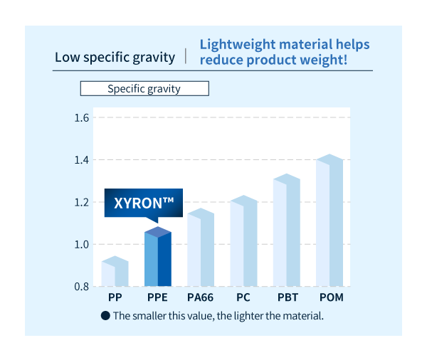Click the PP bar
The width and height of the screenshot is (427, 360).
115,273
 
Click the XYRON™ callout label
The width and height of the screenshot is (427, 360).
144,203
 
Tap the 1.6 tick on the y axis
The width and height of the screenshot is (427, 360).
81,117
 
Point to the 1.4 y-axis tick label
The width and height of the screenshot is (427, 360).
81,160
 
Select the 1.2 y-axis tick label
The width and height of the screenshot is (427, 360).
81,203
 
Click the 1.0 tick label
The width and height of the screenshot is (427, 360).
81,245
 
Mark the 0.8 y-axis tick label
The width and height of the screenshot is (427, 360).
81,287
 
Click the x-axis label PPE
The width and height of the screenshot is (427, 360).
157,297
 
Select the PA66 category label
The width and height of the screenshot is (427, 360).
199,297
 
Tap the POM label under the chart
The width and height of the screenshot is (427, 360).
331,297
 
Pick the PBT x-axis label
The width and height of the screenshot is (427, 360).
288,297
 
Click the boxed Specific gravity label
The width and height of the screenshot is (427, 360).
144,89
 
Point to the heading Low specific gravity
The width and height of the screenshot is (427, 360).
115,57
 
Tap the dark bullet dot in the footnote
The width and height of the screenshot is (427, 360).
105,315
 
